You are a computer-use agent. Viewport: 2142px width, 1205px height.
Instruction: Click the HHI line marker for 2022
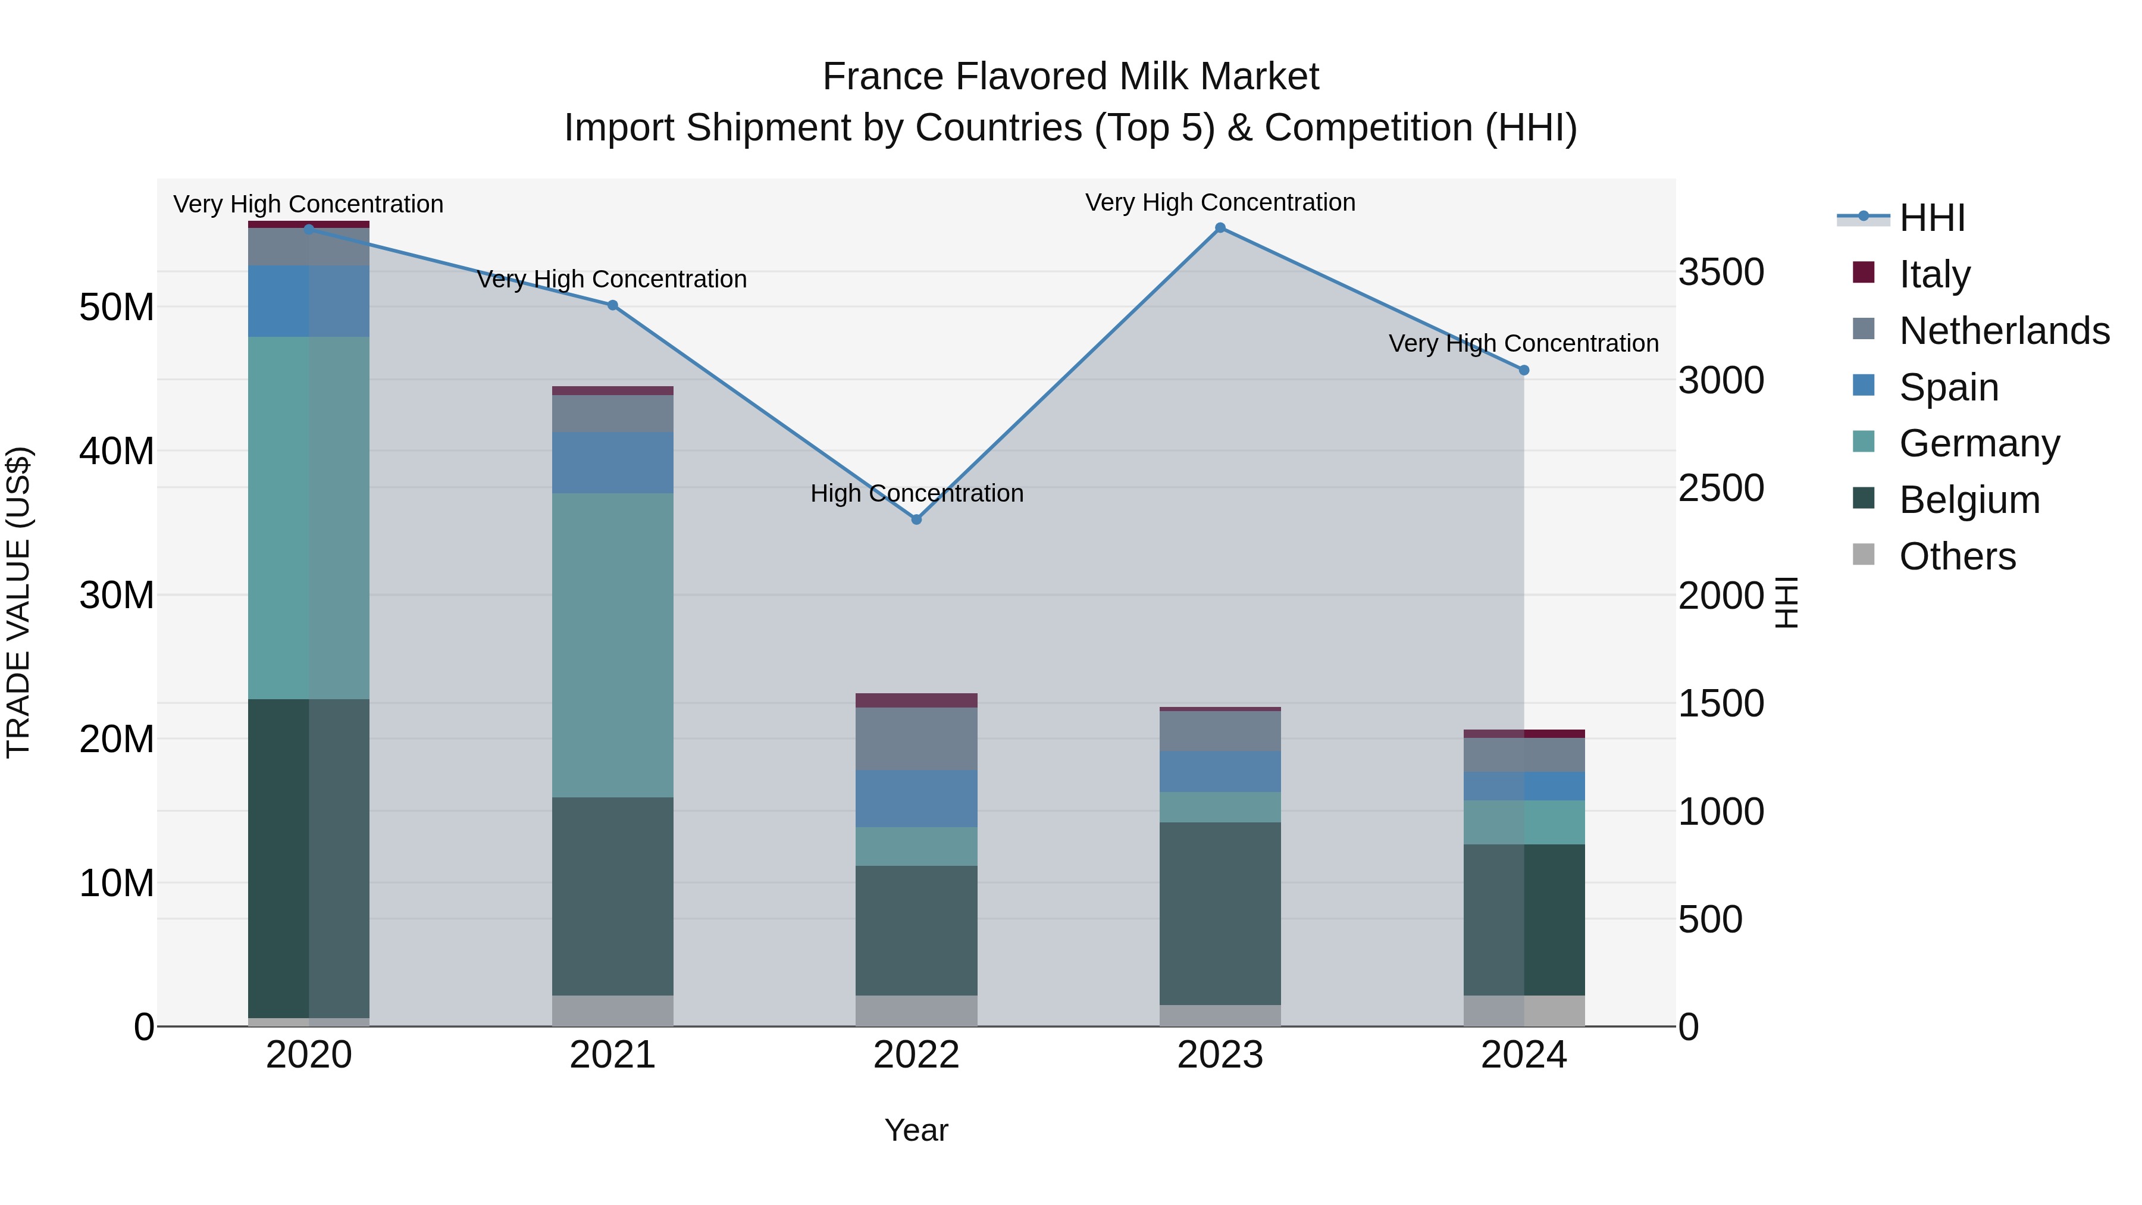click(916, 519)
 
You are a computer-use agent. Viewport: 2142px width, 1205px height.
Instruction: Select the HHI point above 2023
click(1220, 228)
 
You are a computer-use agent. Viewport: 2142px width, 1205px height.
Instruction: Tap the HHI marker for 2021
click(613, 305)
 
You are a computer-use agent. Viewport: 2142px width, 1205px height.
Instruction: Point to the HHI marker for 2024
click(1523, 370)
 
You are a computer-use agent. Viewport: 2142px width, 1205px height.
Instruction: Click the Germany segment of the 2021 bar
click(613, 644)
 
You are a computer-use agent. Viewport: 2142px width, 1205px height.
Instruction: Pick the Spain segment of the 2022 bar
click(916, 799)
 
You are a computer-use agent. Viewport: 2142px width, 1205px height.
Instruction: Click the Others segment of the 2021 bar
click(613, 1010)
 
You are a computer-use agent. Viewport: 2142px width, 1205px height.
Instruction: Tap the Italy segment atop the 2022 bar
click(916, 700)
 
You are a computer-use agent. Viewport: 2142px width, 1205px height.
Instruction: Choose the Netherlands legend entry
click(2004, 331)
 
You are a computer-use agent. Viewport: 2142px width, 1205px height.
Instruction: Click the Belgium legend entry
click(1969, 500)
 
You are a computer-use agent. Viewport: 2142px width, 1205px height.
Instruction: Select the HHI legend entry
click(1931, 218)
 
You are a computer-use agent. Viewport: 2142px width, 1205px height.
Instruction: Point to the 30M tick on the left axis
click(117, 596)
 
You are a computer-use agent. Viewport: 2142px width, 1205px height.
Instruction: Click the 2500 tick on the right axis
click(1720, 488)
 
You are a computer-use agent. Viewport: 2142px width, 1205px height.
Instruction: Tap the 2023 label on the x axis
click(1220, 1055)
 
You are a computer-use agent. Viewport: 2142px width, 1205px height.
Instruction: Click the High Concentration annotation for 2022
click(916, 493)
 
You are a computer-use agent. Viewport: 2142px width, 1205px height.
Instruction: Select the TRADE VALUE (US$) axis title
click(18, 602)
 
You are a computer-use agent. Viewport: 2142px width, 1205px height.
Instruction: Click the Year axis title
click(916, 1130)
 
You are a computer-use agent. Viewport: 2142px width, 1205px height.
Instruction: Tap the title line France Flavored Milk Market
click(1070, 77)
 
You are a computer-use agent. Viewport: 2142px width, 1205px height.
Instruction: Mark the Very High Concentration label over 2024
click(1523, 343)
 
